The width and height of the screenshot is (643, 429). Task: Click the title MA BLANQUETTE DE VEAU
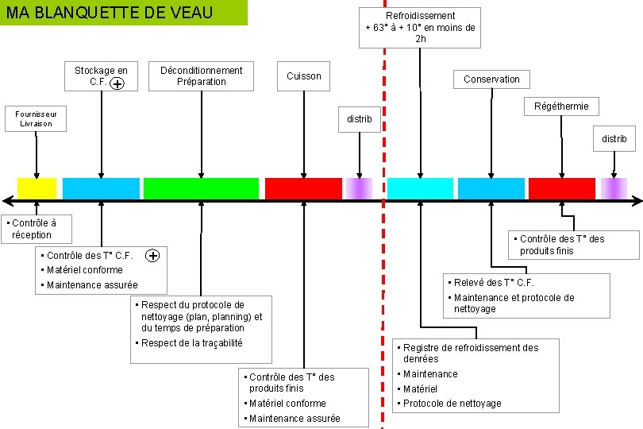(x=111, y=13)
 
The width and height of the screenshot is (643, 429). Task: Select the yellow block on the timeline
(x=37, y=188)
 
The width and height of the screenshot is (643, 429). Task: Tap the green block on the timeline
(x=201, y=188)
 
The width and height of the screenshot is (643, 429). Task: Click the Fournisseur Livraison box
(x=34, y=118)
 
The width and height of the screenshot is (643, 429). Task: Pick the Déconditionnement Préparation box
(x=201, y=75)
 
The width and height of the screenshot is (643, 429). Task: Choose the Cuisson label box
(x=304, y=76)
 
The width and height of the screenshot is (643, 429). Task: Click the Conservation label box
(x=491, y=79)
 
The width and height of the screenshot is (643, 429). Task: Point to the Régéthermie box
(x=561, y=106)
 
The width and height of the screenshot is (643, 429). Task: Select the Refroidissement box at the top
(x=420, y=27)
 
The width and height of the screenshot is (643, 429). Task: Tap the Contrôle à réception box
(x=37, y=229)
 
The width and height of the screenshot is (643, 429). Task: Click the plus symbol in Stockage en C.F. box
(x=117, y=83)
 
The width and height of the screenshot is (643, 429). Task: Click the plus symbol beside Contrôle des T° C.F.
(x=153, y=255)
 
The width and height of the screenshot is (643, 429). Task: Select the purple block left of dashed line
(x=359, y=188)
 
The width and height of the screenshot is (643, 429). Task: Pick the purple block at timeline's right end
(x=614, y=188)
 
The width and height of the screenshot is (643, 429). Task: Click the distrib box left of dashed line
(x=360, y=119)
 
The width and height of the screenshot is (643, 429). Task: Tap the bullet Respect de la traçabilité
(x=191, y=343)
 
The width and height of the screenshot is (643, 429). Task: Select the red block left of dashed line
(x=303, y=188)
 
